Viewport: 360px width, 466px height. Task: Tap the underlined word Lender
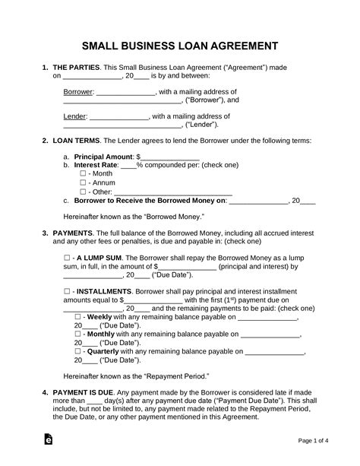(x=75, y=117)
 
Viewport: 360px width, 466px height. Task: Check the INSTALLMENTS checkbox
(x=67, y=291)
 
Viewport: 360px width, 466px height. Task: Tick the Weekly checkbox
(x=78, y=315)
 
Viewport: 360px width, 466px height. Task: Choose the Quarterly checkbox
(x=78, y=351)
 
